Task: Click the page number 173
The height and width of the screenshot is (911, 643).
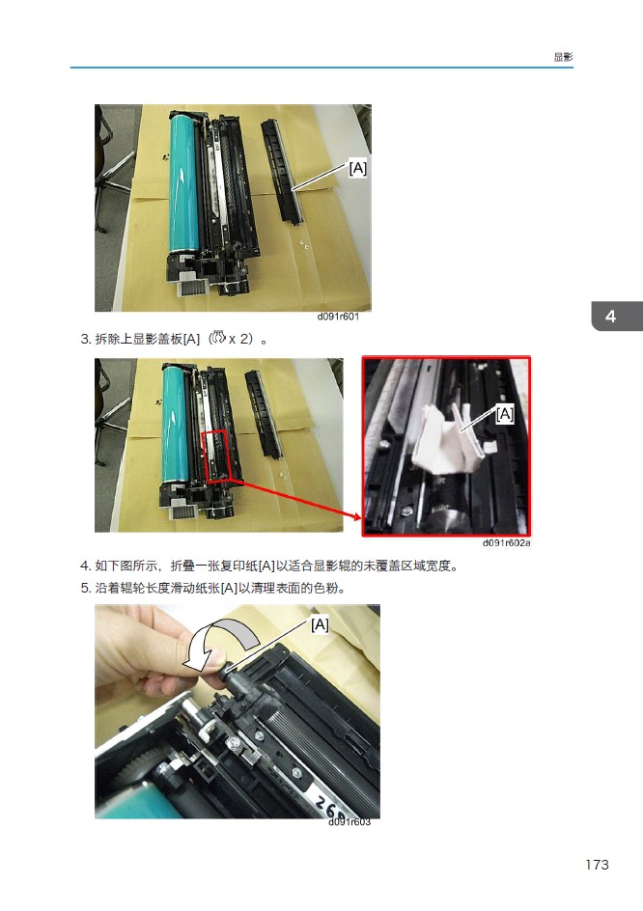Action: [x=597, y=865]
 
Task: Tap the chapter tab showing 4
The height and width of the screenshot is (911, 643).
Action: [x=617, y=317]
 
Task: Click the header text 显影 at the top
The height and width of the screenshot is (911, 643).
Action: [x=563, y=57]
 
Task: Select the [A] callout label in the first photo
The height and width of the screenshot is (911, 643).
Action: [x=357, y=168]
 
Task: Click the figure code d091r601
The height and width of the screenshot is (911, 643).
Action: [x=338, y=317]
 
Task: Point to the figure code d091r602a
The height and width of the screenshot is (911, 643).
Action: [x=506, y=542]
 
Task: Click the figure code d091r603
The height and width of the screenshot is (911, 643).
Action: [x=349, y=821]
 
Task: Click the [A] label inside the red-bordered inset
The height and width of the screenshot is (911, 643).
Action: [x=505, y=414]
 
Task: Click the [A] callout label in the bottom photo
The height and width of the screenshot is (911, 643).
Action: [x=320, y=624]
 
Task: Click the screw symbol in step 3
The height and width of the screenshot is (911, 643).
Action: [x=218, y=337]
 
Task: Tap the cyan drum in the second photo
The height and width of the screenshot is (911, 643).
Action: [x=175, y=424]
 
